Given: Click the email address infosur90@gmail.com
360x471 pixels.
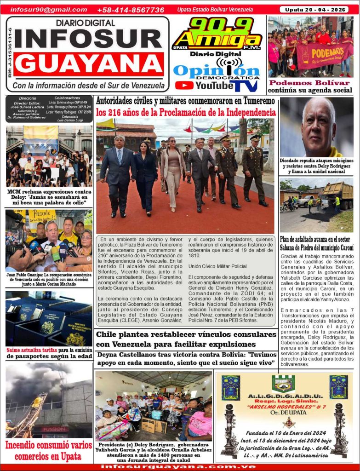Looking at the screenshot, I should [48, 10].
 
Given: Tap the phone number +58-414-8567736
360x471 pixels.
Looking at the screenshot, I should [131, 10].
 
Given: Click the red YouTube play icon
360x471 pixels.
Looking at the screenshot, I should [184, 85].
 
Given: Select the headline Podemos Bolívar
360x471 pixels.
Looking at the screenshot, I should [310, 83].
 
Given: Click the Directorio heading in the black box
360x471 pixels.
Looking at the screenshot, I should [28, 98].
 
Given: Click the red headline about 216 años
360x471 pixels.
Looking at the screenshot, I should [186, 112].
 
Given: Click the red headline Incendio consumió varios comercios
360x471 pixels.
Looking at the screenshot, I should [48, 450].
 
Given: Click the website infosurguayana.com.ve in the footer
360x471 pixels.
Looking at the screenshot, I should [180, 467].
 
